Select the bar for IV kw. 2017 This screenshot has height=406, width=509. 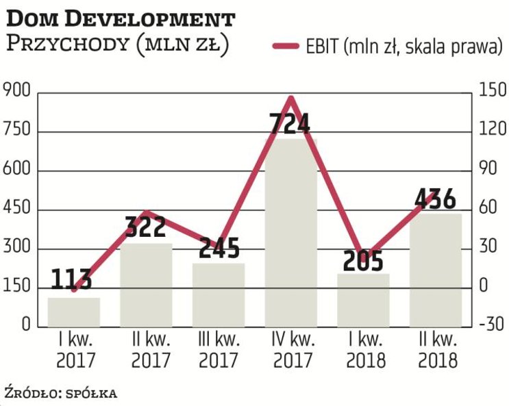click(x=291, y=233)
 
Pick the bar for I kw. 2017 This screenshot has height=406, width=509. click(x=73, y=312)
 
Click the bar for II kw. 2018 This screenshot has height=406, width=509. click(x=436, y=270)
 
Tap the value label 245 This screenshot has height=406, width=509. click(x=219, y=249)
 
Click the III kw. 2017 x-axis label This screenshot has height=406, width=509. click(x=219, y=349)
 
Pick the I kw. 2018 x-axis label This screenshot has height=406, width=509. click(x=363, y=349)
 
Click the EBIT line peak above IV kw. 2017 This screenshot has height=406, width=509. click(x=291, y=99)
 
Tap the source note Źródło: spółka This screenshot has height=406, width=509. click(x=60, y=393)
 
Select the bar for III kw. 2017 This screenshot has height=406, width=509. click(x=219, y=294)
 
